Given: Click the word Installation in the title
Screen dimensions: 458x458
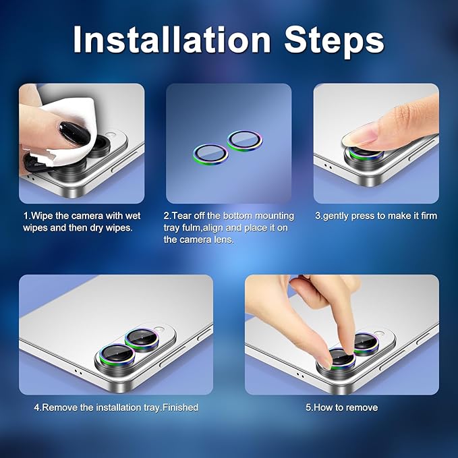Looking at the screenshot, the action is [x=172, y=39].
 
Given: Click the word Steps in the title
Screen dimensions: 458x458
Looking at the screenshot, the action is [x=334, y=42].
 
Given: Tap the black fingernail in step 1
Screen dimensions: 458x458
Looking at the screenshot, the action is [x=74, y=134].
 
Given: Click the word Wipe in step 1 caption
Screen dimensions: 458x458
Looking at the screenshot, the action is [x=42, y=216].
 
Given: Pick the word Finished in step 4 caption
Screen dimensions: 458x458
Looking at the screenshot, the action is [x=180, y=407].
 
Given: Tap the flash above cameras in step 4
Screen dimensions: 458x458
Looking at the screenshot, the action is [x=159, y=328].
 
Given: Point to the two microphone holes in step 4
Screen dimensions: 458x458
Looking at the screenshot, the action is [x=78, y=372].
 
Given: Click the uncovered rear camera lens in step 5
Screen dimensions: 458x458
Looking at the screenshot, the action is [x=366, y=344].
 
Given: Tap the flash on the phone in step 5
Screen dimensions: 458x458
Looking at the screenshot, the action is [x=379, y=334].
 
